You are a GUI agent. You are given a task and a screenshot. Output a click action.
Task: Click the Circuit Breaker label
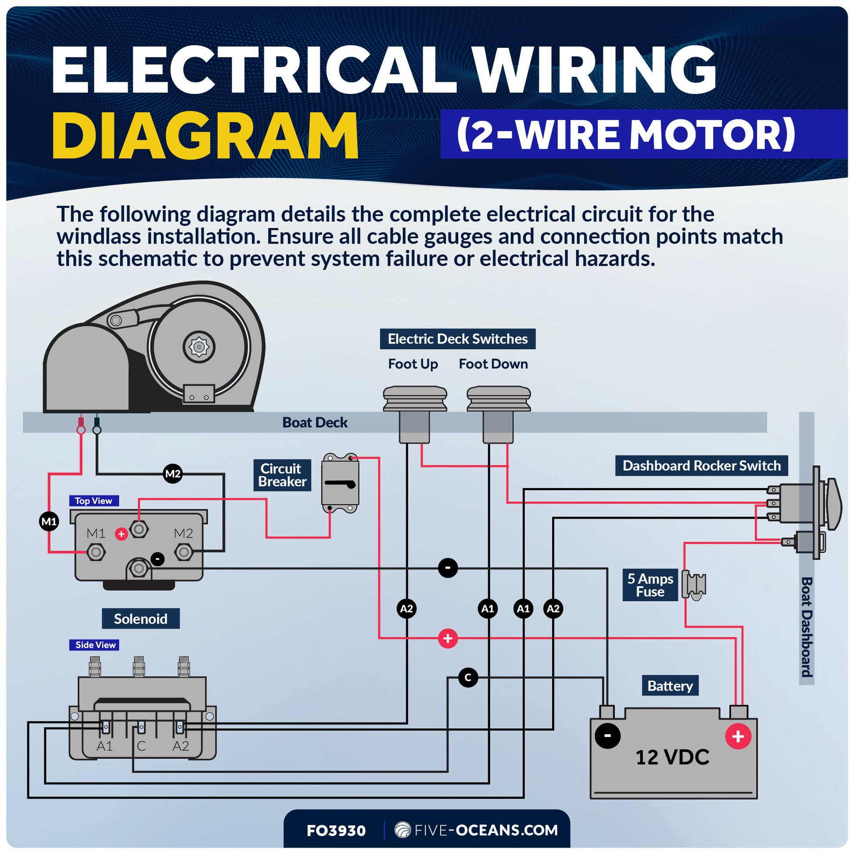[282, 475]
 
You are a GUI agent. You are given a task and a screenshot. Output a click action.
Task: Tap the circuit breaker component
[340, 483]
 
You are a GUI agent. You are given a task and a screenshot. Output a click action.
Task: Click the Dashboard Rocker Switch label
[701, 466]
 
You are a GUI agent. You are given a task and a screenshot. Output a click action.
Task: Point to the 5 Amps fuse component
[693, 585]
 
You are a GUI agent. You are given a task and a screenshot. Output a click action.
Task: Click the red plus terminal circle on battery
[738, 736]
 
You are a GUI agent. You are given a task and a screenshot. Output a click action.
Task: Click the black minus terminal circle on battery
[607, 736]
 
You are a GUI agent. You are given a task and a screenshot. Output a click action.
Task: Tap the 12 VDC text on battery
[672, 757]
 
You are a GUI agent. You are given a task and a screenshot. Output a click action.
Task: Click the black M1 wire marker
[49, 522]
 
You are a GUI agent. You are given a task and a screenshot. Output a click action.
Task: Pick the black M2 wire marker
[172, 474]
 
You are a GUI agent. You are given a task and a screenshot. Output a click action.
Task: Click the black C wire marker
[468, 678]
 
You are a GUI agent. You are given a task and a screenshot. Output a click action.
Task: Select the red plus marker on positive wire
[448, 639]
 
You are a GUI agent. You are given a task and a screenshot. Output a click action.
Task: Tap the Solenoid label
[140, 619]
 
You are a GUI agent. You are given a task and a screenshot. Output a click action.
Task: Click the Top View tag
[93, 501]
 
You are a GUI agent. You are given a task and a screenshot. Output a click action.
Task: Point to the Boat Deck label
[315, 423]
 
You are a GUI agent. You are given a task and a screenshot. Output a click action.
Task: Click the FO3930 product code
[336, 831]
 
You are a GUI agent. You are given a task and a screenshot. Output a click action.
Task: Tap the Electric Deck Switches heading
[457, 339]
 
